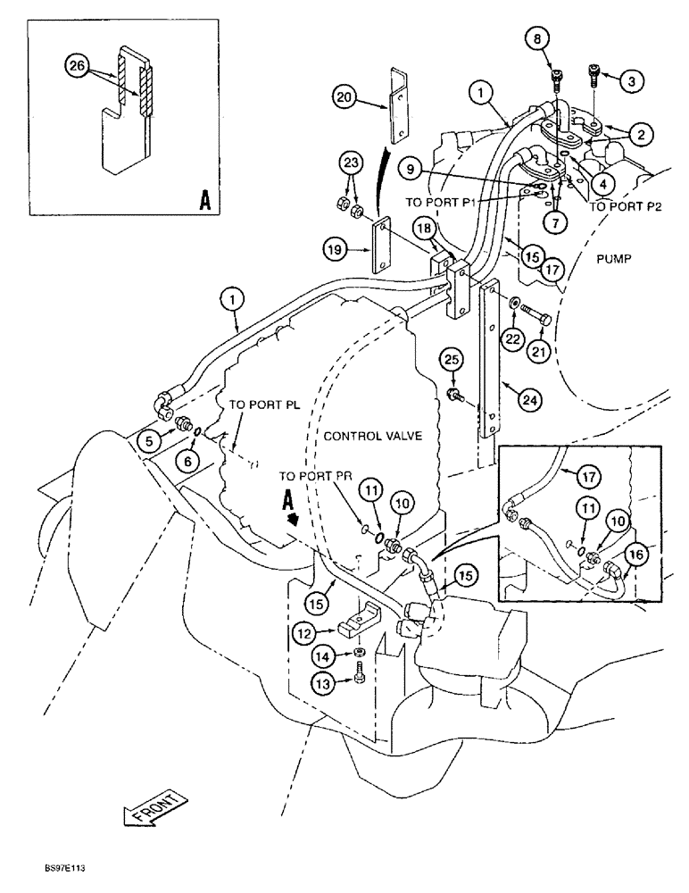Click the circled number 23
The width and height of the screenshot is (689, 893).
pos(350,163)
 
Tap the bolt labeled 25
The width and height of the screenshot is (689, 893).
pos(456,393)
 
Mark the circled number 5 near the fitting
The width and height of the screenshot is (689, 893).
pos(152,439)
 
